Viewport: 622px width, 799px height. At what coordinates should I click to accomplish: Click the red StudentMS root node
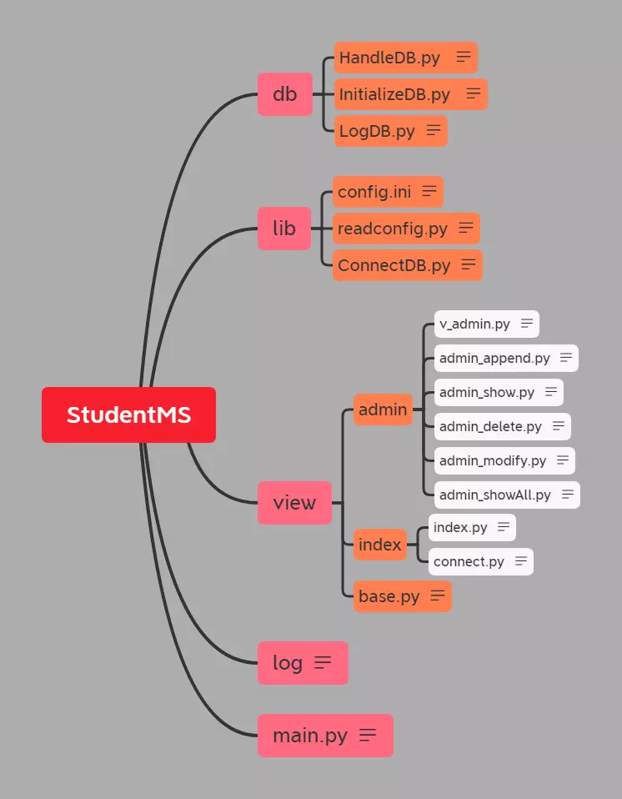pos(128,415)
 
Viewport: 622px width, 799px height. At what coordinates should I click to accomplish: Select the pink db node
pos(284,94)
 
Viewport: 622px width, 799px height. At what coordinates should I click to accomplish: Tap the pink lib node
pos(284,228)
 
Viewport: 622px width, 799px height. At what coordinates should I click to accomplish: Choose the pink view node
pos(294,502)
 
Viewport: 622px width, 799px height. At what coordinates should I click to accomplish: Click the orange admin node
pos(383,410)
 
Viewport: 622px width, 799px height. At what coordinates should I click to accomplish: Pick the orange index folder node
pos(379,545)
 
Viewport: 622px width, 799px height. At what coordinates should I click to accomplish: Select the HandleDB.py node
pos(390,58)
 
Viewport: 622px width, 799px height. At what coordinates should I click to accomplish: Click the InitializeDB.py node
pos(394,94)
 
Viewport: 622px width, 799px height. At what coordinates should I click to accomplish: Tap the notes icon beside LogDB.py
pos(434,130)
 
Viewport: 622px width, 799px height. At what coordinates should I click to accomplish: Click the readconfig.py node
pos(393,229)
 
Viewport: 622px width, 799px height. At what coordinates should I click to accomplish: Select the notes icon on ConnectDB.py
pos(469,264)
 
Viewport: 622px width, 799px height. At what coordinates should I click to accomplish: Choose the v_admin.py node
pos(474,324)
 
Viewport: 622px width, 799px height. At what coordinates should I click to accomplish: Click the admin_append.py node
pos(494,358)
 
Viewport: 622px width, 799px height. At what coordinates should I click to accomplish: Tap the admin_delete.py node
pos(490,426)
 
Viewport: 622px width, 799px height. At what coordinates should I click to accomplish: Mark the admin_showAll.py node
pos(494,495)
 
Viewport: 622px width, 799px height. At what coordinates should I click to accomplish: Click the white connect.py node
pos(469,561)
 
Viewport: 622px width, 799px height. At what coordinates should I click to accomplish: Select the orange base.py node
pos(389,596)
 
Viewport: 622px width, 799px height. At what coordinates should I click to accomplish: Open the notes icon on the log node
pos(323,662)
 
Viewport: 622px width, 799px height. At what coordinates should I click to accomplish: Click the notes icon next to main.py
pos(368,735)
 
